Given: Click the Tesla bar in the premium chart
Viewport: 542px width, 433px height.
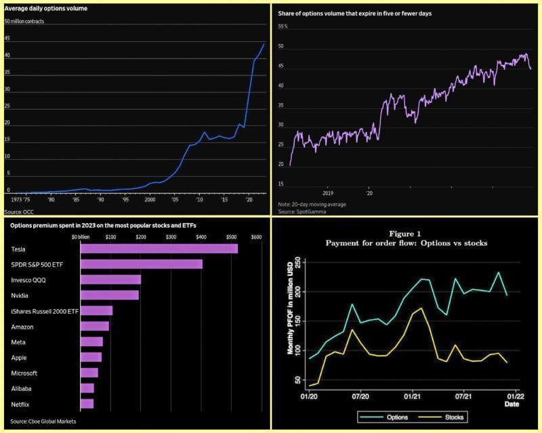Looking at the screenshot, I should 159,249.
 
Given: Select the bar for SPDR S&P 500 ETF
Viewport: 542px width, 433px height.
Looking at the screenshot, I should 141,264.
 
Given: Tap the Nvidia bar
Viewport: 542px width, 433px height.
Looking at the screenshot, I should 109,295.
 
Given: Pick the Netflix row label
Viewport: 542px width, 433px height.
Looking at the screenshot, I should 21,404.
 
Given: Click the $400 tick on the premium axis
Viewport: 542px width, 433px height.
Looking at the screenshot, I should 201,236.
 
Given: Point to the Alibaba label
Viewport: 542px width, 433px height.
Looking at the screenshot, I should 22,388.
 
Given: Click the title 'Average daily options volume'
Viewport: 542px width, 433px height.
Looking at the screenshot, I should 45,9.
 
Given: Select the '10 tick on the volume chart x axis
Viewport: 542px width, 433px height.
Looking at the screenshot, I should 199,201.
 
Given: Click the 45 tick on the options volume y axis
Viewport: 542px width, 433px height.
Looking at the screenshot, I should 7,38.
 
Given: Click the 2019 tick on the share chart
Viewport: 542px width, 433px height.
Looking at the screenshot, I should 328,192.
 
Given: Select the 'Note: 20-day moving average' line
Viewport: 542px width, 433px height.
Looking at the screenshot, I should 312,204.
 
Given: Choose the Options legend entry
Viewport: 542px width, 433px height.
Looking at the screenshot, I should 388,417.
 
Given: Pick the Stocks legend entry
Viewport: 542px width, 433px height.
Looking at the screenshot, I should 446,417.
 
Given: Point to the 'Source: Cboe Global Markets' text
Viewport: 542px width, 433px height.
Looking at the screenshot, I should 43,421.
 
